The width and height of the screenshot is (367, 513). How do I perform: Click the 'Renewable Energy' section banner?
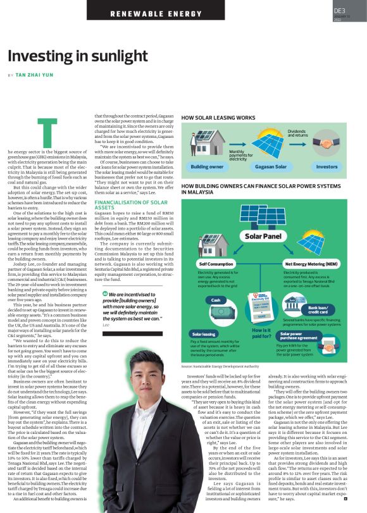[x=183, y=13]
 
